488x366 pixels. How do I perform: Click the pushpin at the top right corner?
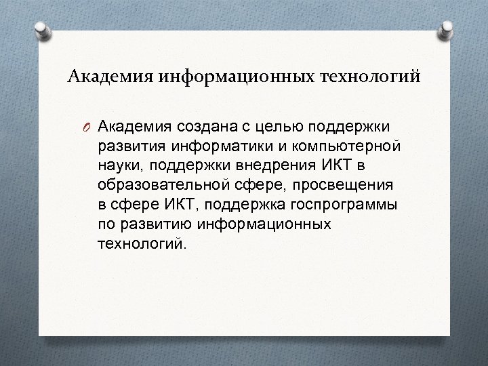(447, 29)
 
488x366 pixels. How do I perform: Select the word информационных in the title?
(233, 77)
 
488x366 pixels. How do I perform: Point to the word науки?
(119, 166)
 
